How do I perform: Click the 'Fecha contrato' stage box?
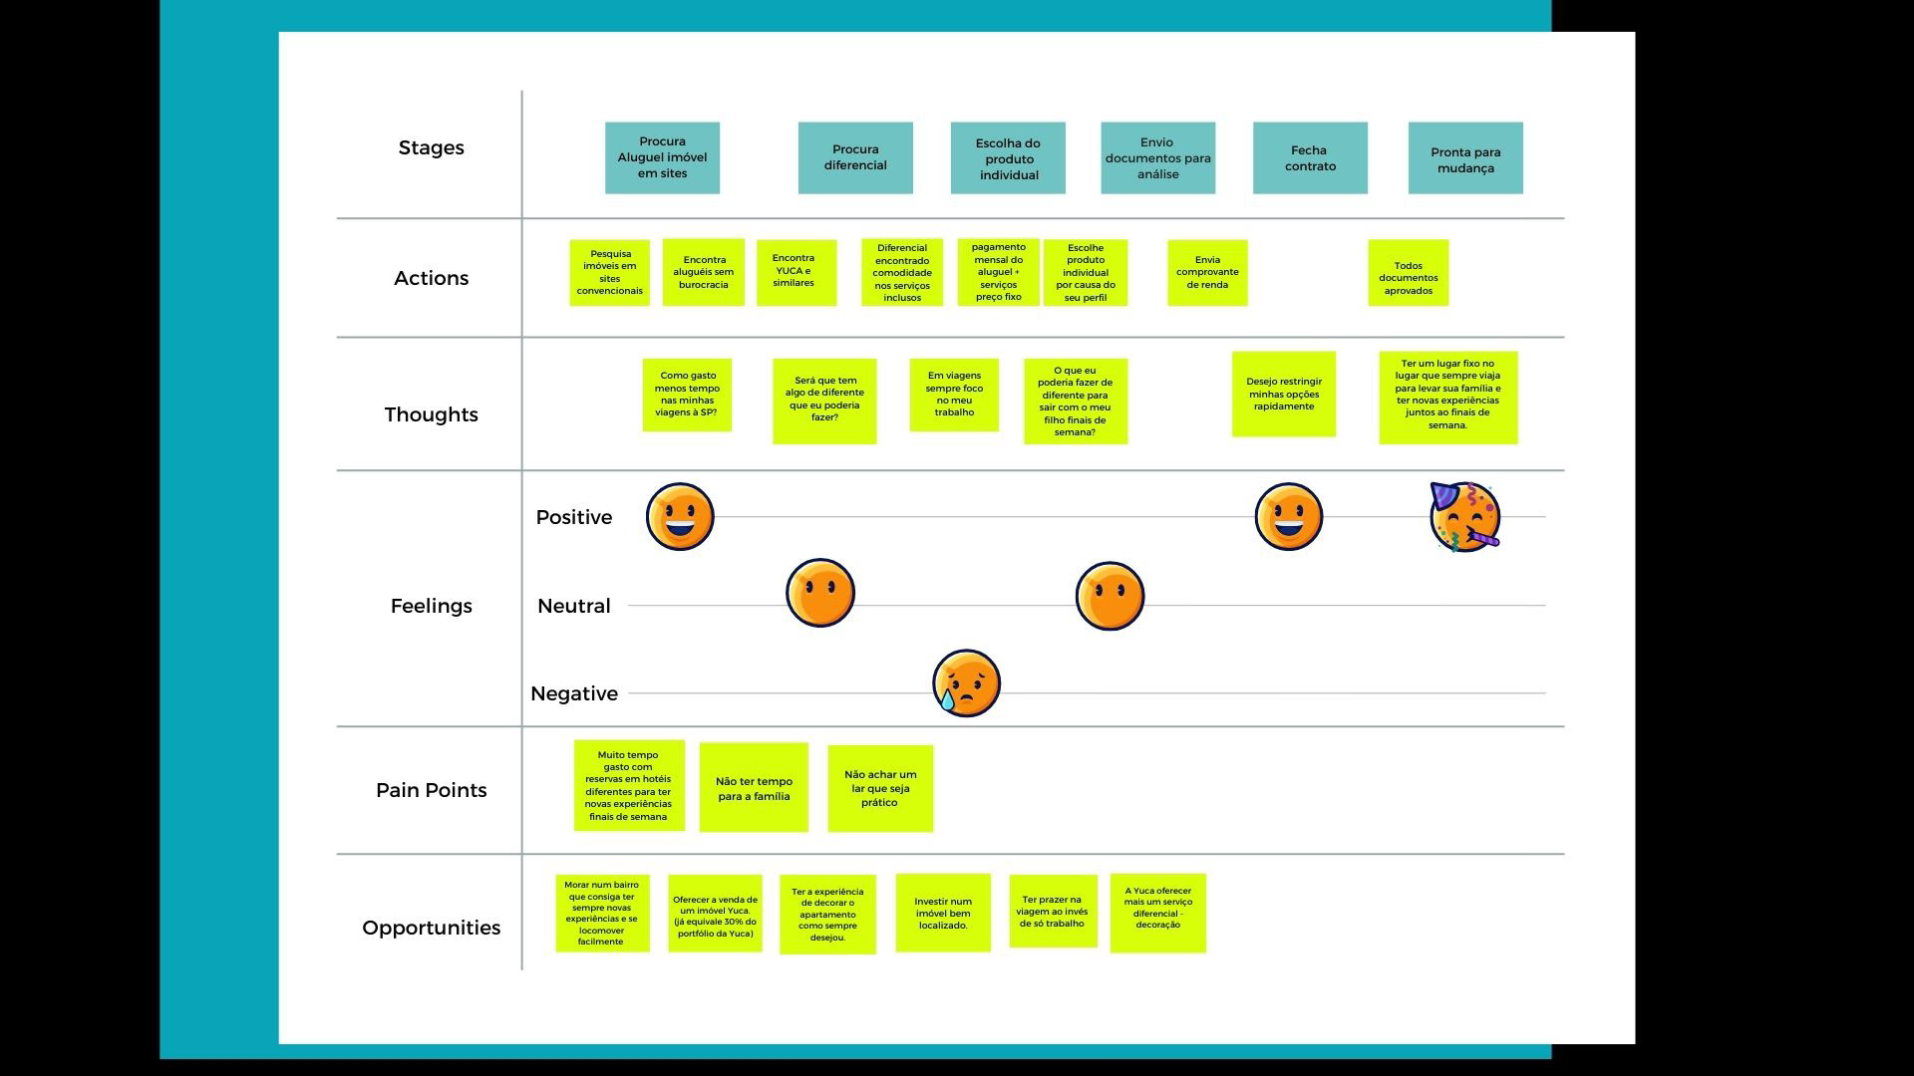point(1310,158)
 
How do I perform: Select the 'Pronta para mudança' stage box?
point(1465,158)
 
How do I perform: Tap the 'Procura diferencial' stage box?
point(855,158)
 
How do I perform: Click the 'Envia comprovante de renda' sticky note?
point(1207,272)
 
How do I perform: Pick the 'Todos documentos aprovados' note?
point(1408,272)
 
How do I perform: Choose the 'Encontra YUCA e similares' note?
point(796,271)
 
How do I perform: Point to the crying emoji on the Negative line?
point(966,683)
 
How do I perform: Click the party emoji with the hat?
point(1464,517)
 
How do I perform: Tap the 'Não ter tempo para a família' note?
point(754,788)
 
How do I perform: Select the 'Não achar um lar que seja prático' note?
point(880,788)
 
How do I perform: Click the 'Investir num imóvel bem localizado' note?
point(943,913)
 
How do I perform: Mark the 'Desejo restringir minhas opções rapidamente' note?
point(1284,394)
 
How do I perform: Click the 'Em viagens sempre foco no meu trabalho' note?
point(954,395)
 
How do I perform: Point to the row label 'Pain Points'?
point(432,790)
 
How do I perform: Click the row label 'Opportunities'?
point(432,928)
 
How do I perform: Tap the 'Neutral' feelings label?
point(573,606)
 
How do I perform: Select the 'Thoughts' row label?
point(432,414)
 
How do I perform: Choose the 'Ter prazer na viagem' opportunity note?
point(1053,912)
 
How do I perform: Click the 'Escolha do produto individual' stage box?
point(1008,158)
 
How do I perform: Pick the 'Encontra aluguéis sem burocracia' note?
point(704,272)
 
